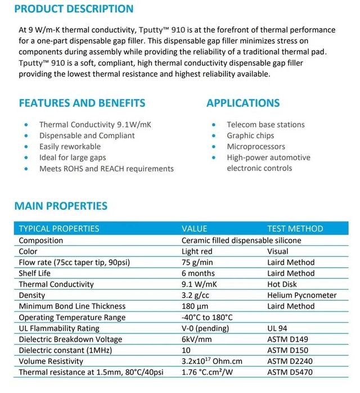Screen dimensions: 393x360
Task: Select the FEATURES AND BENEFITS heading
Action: click(82, 103)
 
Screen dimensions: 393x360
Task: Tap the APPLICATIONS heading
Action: click(243, 103)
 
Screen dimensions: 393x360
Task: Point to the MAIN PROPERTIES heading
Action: click(61, 206)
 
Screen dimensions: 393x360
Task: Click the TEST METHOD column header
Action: click(295, 229)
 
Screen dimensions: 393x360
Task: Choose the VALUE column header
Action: click(194, 229)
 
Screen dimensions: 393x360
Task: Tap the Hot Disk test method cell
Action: click(282, 284)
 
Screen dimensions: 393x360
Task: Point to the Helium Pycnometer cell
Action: click(301, 295)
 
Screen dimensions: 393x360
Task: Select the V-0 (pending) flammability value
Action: click(205, 328)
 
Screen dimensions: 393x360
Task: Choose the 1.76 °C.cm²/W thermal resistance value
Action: click(208, 372)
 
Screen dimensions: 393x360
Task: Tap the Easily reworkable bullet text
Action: click(70, 146)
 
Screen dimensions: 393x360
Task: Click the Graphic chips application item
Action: click(250, 135)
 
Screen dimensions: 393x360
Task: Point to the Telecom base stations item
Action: click(265, 124)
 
